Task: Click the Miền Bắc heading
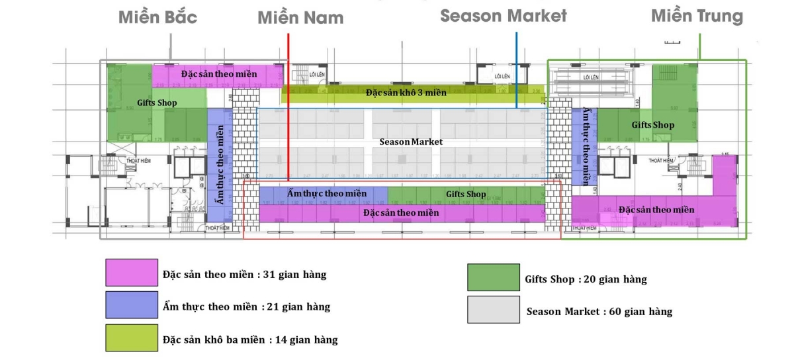[x=157, y=17]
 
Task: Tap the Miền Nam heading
[x=300, y=18]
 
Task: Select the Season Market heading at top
[x=504, y=16]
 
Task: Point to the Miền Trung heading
[x=697, y=16]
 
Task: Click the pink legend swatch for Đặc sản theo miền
[x=132, y=273]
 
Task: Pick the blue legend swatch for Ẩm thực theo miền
[x=132, y=305]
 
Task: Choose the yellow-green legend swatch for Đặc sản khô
[x=132, y=337]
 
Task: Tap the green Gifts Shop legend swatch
[x=493, y=277]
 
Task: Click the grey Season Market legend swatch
[x=493, y=310]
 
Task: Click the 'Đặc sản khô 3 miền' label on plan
[x=406, y=93]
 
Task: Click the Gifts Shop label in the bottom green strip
[x=466, y=194]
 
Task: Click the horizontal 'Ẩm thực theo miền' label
[x=327, y=193]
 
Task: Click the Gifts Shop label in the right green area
[x=652, y=124]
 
